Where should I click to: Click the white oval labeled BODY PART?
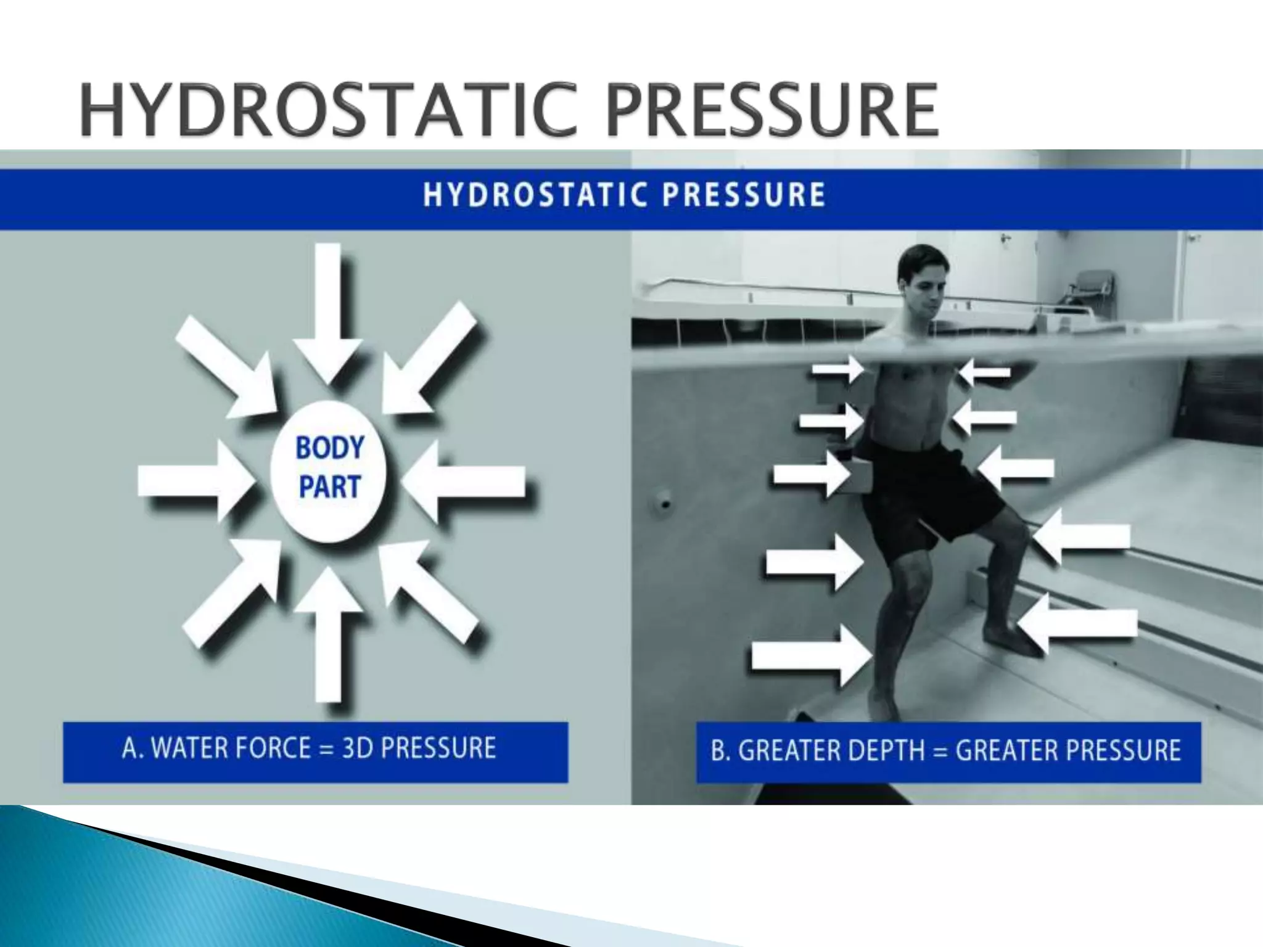coord(329,470)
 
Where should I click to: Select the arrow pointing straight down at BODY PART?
coord(327,308)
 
